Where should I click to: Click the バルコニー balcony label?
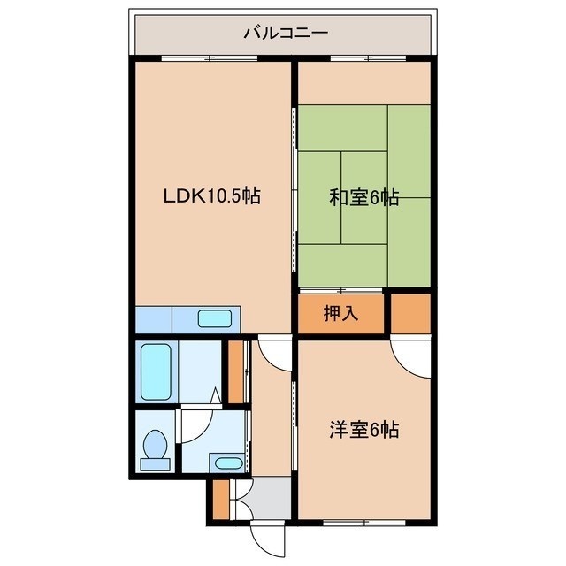point(286,34)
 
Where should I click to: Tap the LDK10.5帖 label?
point(212,196)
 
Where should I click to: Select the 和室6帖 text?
point(363,198)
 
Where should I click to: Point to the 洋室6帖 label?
point(363,430)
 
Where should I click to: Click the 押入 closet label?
point(340,313)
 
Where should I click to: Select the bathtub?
point(156,371)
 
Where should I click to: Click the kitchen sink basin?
point(215,318)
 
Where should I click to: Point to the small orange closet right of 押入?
point(410,314)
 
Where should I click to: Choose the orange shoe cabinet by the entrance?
point(221,500)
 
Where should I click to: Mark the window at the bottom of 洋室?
point(364,522)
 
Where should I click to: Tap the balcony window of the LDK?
point(210,58)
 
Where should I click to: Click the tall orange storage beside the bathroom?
point(236,371)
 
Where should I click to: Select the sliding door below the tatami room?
point(340,290)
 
